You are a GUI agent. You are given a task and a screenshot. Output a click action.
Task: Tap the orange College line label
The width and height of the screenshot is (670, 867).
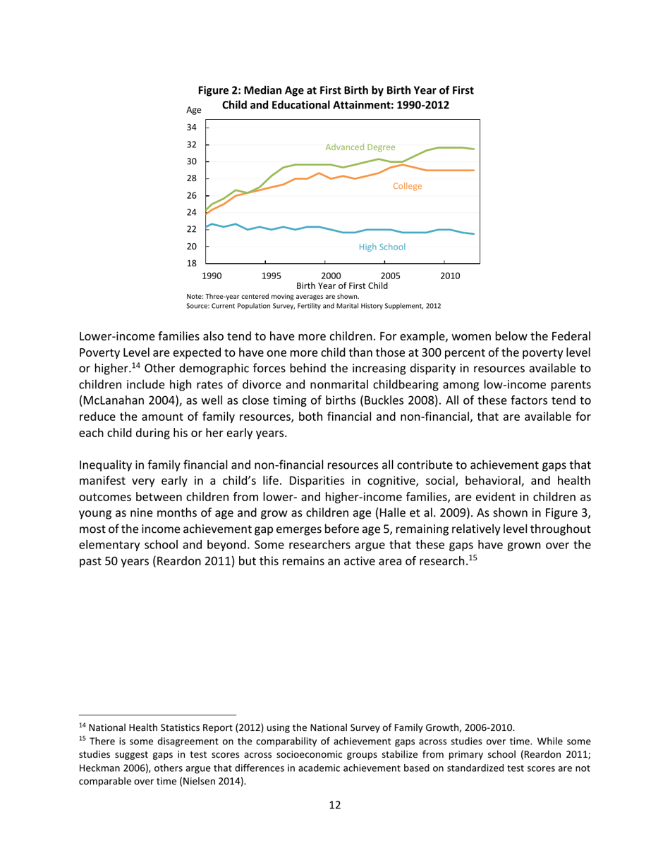(x=408, y=187)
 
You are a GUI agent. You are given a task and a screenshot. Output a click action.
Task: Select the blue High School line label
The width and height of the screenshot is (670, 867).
(x=382, y=247)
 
